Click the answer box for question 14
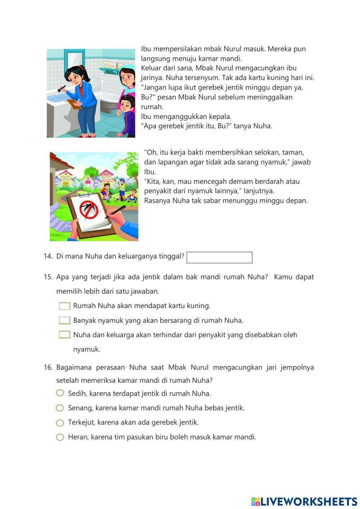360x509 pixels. click(x=219, y=258)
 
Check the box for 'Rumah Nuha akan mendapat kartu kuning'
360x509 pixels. click(x=64, y=306)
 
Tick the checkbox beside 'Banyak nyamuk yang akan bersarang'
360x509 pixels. click(x=64, y=321)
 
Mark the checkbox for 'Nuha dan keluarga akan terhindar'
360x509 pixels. click(x=64, y=335)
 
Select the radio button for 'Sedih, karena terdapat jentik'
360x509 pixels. click(x=60, y=393)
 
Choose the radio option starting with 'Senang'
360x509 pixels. click(x=60, y=408)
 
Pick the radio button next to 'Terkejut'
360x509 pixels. click(x=60, y=423)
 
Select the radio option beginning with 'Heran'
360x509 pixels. click(x=60, y=437)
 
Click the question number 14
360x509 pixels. click(x=48, y=256)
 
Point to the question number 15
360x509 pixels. click(x=48, y=277)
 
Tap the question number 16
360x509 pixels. click(x=48, y=367)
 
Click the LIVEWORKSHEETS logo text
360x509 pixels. click(x=308, y=501)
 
